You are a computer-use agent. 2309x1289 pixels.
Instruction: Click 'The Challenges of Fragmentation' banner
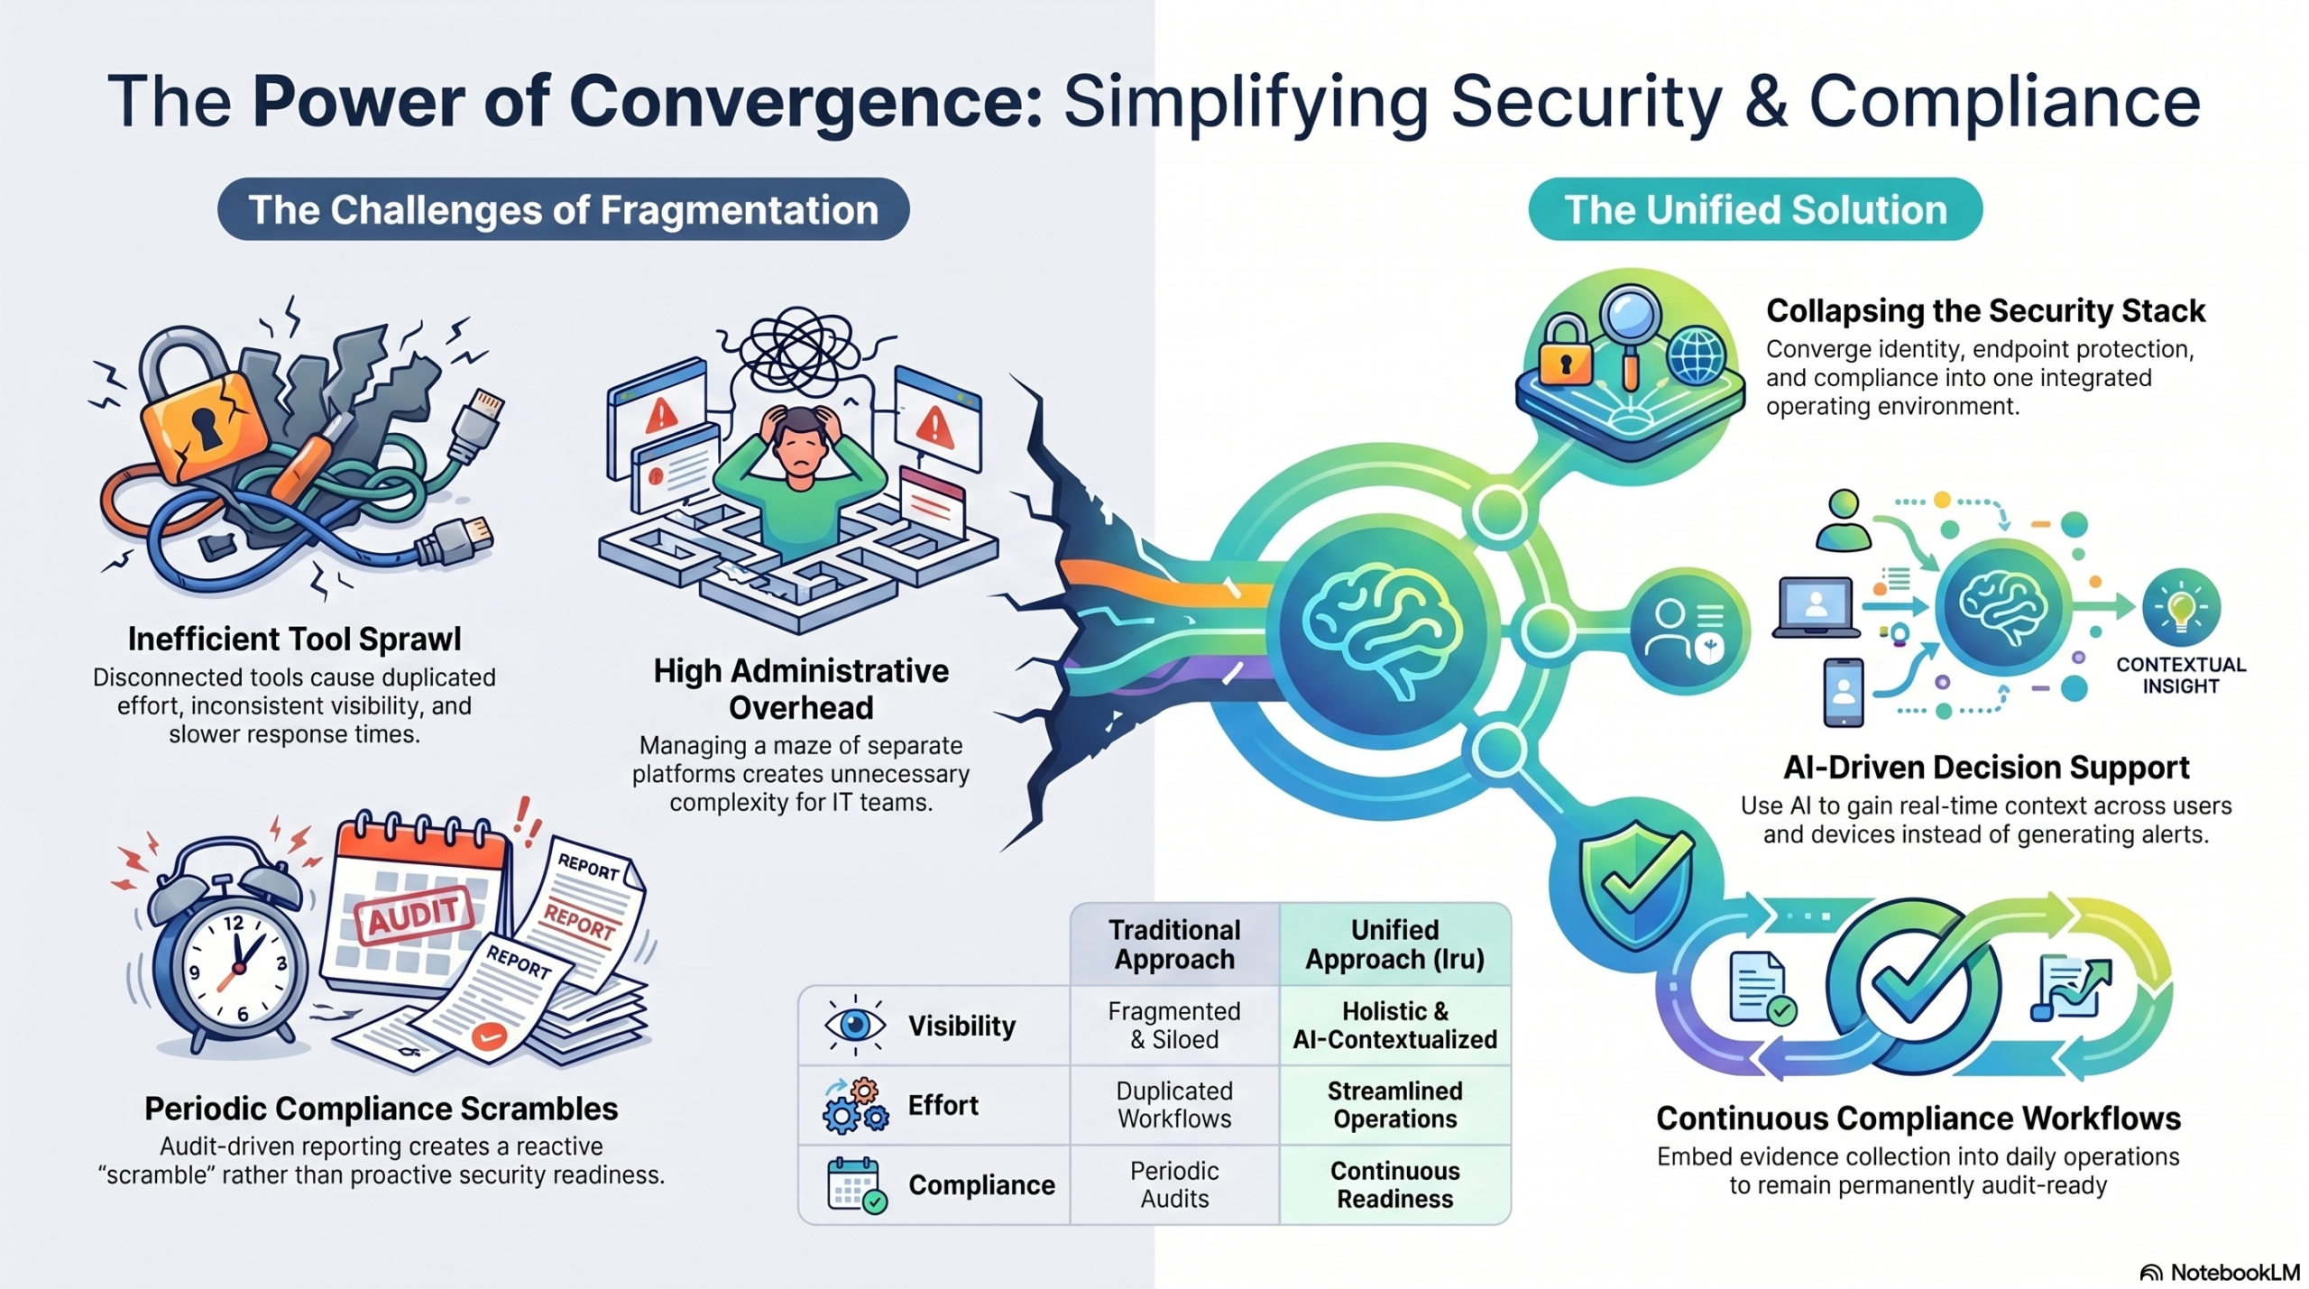[563, 209]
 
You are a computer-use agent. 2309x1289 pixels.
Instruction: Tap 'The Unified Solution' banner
[1755, 209]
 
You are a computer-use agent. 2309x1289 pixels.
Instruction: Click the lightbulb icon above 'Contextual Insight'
[2181, 606]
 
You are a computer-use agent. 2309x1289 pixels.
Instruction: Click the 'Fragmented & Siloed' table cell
[1174, 1025]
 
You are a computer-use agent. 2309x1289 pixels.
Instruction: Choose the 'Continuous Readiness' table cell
[1394, 1184]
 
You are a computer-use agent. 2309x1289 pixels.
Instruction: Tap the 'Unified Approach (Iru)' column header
[1394, 944]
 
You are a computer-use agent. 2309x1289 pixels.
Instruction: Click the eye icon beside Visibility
[854, 1026]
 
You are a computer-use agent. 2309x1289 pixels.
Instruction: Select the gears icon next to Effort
[855, 1106]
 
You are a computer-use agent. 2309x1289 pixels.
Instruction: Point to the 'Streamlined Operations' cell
[1394, 1104]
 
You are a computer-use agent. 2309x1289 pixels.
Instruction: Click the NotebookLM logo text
[2234, 1272]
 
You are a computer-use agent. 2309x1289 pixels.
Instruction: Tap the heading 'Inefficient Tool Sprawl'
[294, 639]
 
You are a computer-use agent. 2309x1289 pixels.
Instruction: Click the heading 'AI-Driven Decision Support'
[1986, 767]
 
